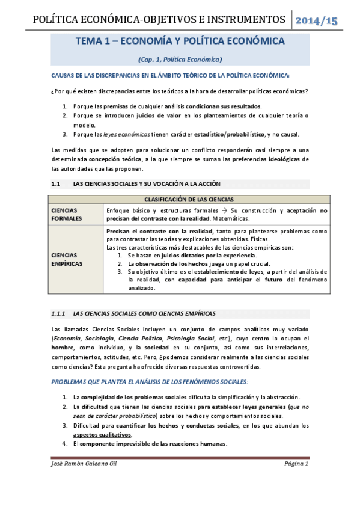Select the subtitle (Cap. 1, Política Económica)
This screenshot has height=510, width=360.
point(180,59)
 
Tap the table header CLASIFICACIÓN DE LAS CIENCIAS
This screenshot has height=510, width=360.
point(189,199)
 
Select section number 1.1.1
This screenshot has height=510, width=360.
point(60,313)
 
